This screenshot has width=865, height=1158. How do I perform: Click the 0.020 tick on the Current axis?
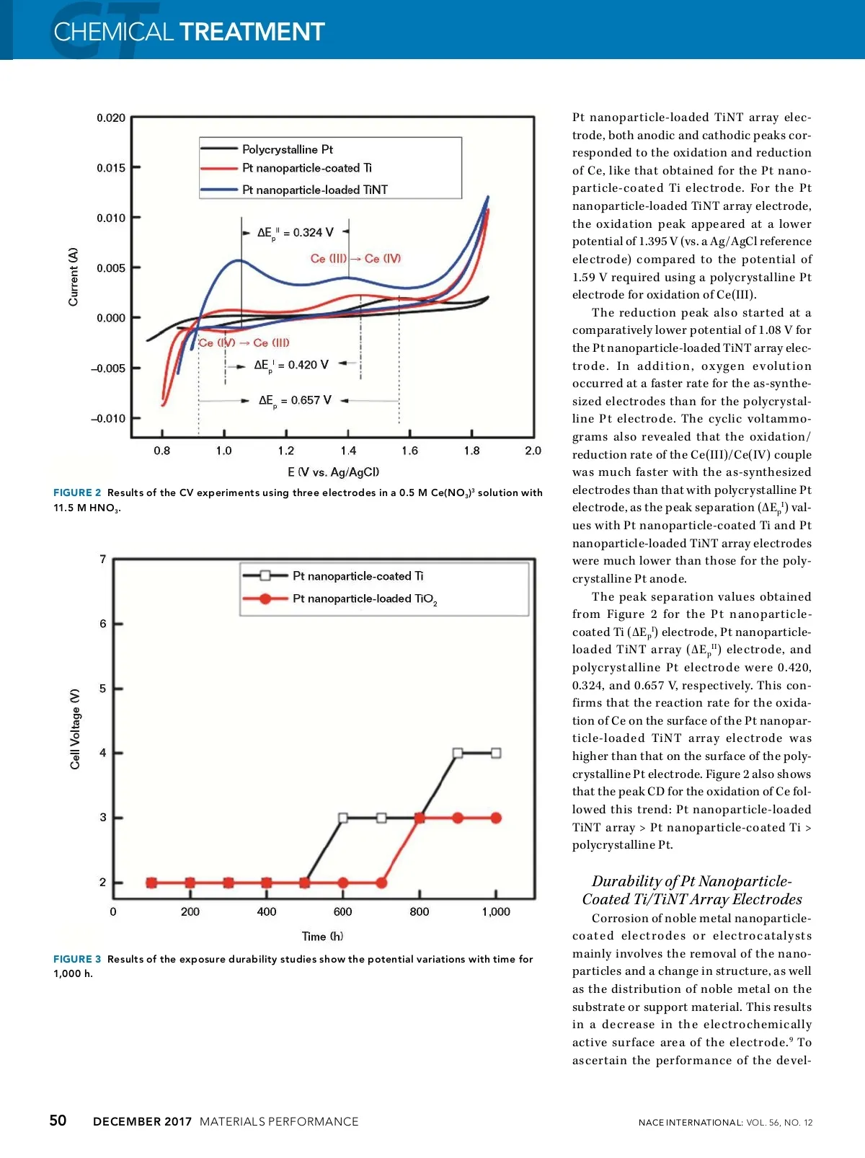tap(111, 118)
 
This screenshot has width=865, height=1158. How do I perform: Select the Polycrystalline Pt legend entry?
tap(287, 149)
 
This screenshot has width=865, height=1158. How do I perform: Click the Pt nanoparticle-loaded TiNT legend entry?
tap(314, 190)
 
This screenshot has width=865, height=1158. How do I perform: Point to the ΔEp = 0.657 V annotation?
tap(295, 400)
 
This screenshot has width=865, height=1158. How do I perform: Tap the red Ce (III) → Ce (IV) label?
tap(355, 258)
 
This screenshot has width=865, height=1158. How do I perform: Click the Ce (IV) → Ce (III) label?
tap(244, 342)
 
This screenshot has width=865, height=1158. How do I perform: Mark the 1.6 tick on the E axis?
tap(409, 451)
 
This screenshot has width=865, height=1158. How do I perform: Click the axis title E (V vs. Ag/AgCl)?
tap(333, 472)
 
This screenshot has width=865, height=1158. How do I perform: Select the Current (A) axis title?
tap(73, 277)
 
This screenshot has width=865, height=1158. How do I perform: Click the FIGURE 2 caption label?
tap(77, 492)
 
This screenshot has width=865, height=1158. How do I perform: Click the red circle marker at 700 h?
tap(381, 883)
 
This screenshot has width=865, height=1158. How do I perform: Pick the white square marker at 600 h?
tap(343, 818)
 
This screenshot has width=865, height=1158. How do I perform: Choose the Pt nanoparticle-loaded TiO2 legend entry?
tap(364, 598)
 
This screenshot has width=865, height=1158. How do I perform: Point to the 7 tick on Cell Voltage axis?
tap(102, 560)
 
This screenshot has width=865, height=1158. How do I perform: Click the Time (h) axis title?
tap(322, 936)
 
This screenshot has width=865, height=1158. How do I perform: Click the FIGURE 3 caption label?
tap(77, 959)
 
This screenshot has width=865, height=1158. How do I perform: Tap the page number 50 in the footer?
tap(58, 1120)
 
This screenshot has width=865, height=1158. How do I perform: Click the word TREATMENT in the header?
tap(252, 32)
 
